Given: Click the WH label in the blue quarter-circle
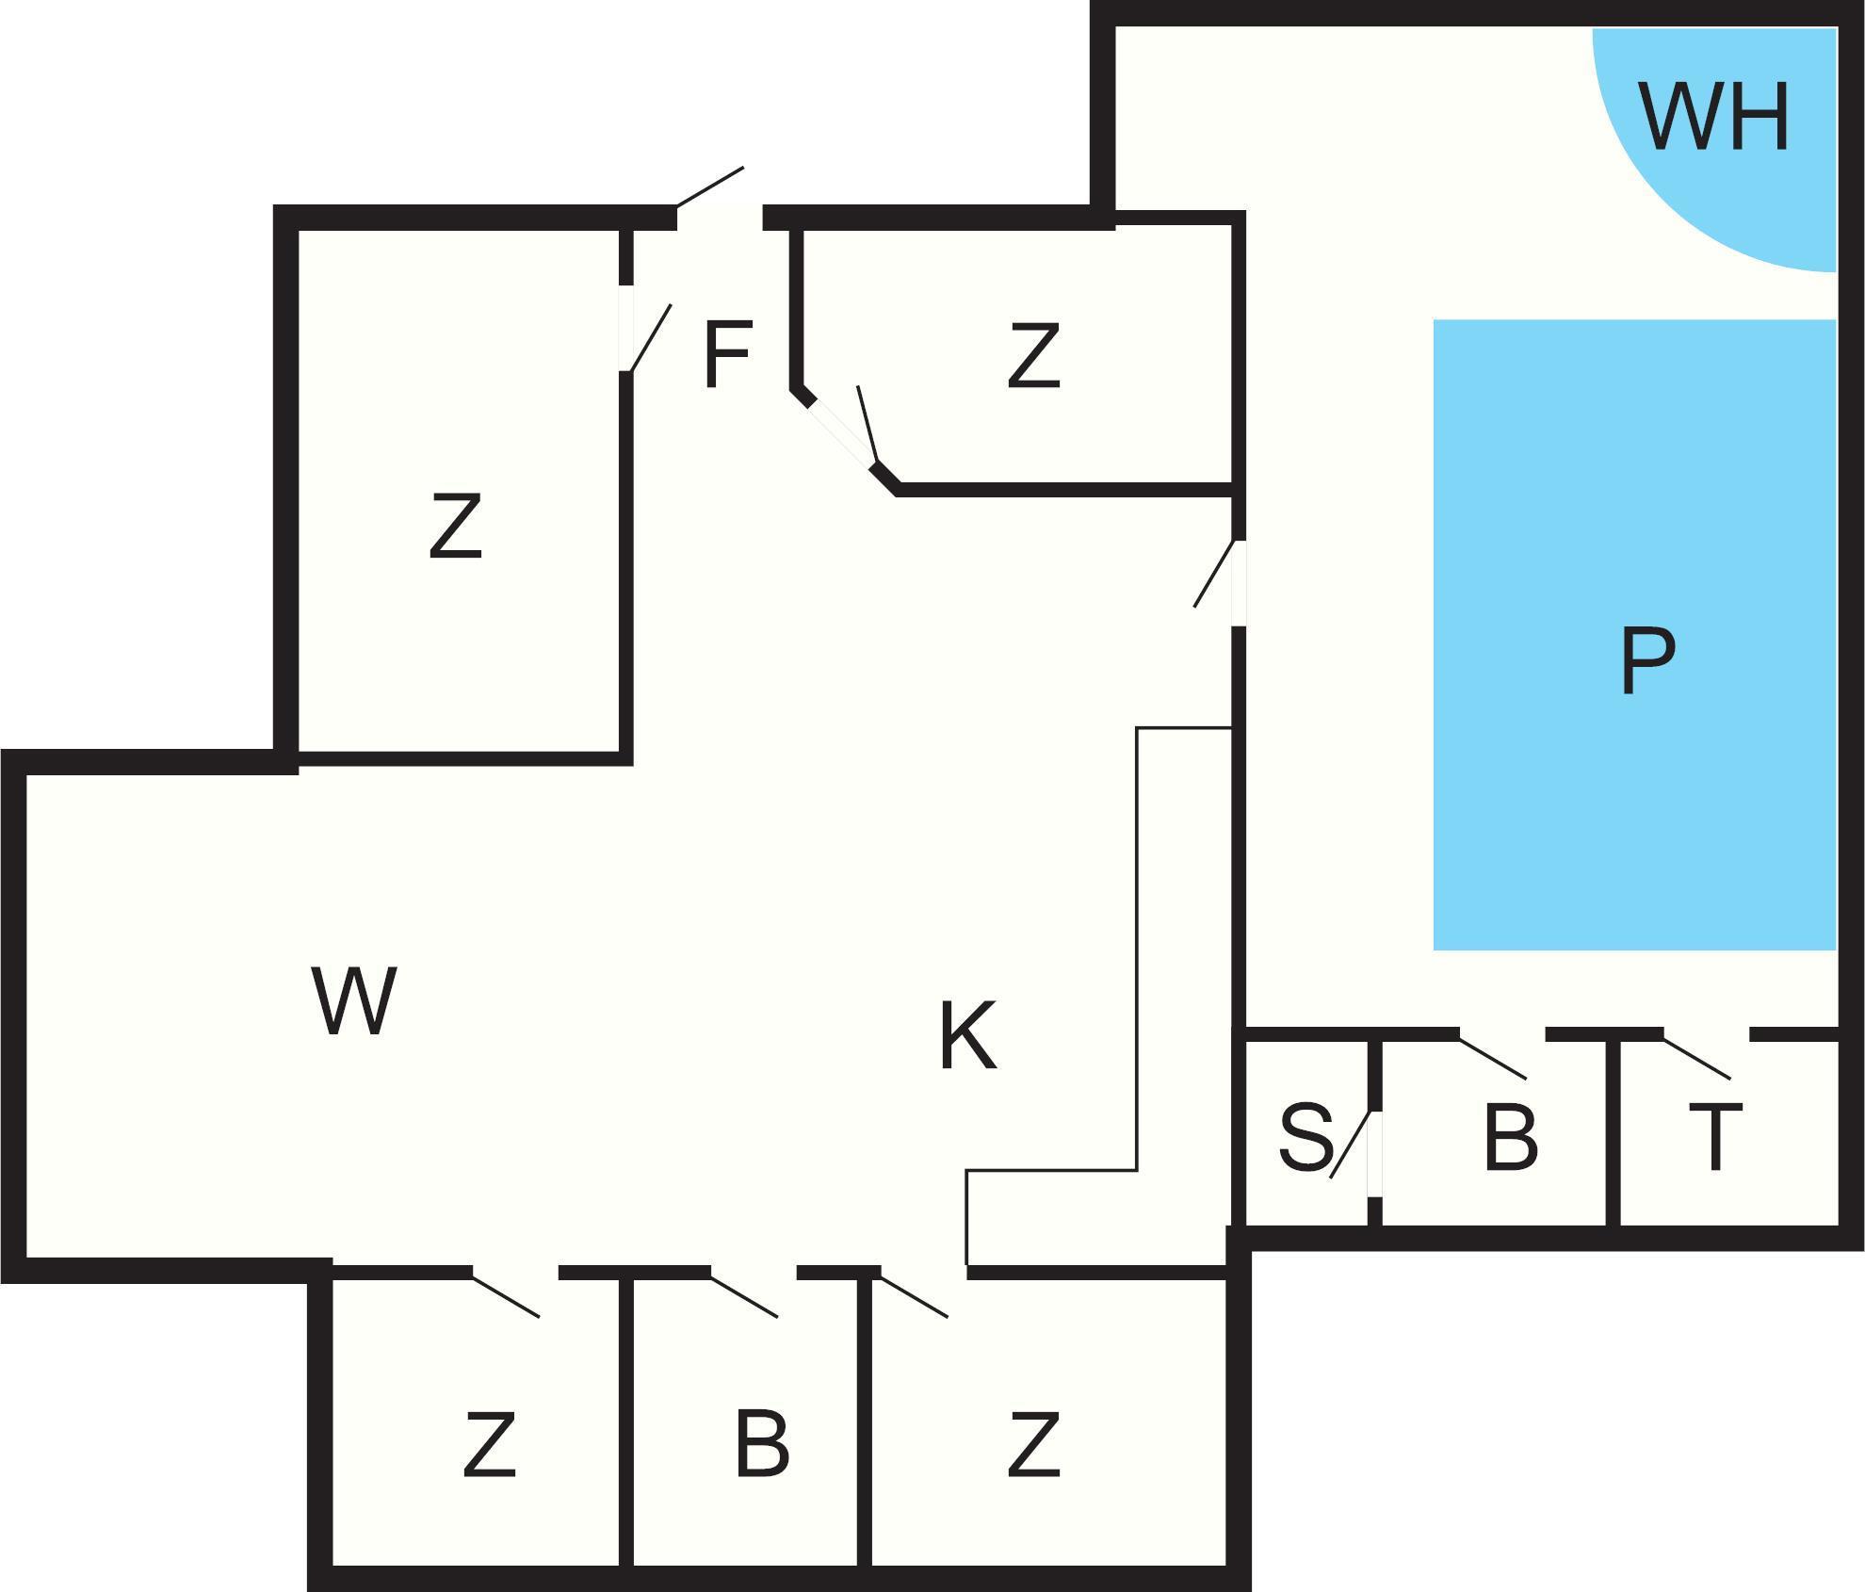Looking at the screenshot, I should tap(1713, 118).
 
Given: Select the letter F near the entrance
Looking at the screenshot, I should tap(727, 354).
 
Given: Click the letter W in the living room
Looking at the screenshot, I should tap(353, 1000).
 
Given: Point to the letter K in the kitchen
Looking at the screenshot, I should tap(967, 1036).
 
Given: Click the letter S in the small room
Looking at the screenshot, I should tap(1305, 1137).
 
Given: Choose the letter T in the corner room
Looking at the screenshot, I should tap(1715, 1137).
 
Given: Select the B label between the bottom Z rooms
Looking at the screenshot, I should tap(761, 1444).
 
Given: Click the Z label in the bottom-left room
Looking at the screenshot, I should tap(490, 1444).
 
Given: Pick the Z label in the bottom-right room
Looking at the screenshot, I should tap(1033, 1444).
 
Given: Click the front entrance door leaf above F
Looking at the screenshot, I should tap(710, 187).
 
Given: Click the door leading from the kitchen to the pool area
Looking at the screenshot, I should tap(1214, 574).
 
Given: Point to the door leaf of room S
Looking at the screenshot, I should tap(1349, 1145).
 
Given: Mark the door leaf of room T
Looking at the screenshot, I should tap(1696, 1057).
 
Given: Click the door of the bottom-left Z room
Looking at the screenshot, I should tap(506, 1297).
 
